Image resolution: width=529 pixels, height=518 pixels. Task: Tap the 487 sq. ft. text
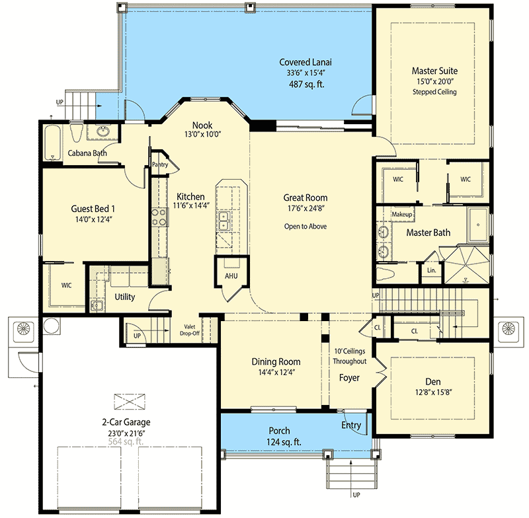click(305, 85)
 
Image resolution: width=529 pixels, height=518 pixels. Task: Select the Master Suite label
click(434, 70)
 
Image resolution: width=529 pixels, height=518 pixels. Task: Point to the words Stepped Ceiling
click(434, 92)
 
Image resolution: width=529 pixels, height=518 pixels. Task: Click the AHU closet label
click(229, 276)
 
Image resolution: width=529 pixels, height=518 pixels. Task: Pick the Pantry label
click(159, 165)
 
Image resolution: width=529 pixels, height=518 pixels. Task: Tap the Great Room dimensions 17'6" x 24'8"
click(305, 211)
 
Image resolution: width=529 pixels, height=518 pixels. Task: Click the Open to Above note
click(305, 226)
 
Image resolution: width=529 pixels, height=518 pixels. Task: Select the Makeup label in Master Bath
click(401, 215)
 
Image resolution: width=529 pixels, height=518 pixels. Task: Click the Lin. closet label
click(431, 270)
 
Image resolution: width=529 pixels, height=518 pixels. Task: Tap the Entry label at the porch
click(351, 425)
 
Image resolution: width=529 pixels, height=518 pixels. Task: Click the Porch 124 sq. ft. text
click(279, 442)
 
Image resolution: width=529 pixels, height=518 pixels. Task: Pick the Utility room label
click(124, 297)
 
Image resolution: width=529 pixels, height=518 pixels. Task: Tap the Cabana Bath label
click(88, 153)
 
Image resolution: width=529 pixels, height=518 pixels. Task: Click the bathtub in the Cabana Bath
click(54, 141)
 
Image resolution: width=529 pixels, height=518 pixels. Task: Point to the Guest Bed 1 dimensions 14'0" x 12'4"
click(93, 222)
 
